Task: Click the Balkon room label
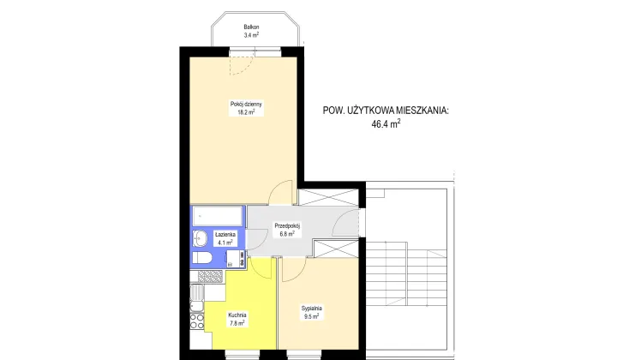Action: pos(251,27)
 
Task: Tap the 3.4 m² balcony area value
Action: pos(251,36)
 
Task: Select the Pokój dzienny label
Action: pos(246,105)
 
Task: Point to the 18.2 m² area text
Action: pos(247,113)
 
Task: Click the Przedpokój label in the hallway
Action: pos(285,225)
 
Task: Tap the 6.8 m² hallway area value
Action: pos(285,234)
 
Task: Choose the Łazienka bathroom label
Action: pos(225,234)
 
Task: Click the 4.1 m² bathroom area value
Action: pos(225,243)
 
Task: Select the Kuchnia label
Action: pos(237,315)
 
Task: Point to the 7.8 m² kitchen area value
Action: pos(237,323)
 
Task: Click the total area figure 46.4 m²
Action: pos(386,124)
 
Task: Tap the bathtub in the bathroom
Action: pos(217,215)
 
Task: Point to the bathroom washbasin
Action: pos(199,237)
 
